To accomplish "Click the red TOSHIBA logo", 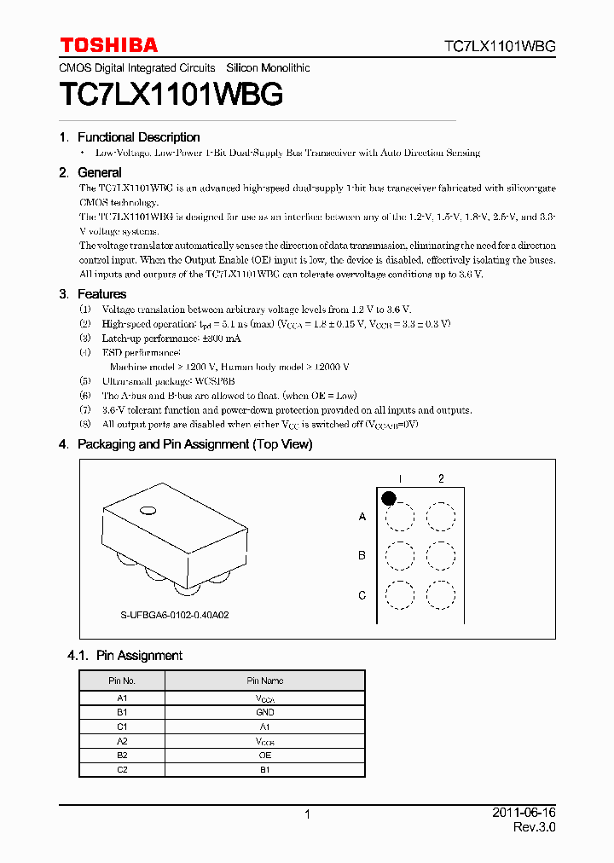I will (x=108, y=45).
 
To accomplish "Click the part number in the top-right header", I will (x=500, y=47).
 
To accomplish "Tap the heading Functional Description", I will (x=138, y=137).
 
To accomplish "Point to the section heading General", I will (x=100, y=172).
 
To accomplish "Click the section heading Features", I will (x=101, y=294).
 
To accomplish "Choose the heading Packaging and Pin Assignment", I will (x=194, y=444).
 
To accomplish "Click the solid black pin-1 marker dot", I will (x=389, y=498).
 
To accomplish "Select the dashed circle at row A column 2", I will (x=441, y=517).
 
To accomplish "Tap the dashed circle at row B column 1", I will (x=399, y=556).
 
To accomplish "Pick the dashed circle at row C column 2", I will (x=441, y=594).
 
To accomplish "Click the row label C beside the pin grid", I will (x=362, y=595).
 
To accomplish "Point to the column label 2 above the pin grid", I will (x=441, y=478).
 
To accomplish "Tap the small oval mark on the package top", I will (x=148, y=511).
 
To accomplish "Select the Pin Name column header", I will (x=265, y=681).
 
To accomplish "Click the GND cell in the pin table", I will (x=265, y=712).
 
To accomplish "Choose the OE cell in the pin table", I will (x=265, y=756).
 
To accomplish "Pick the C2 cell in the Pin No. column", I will (x=122, y=770).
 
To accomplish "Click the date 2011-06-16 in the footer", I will (x=524, y=814).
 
